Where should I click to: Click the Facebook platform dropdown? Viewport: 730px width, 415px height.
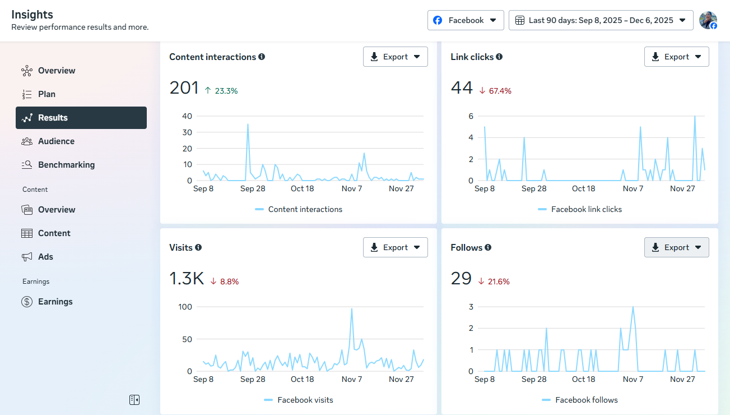click(x=466, y=20)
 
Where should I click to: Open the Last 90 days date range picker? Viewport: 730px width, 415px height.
click(x=601, y=20)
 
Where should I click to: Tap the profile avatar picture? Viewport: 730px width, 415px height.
click(x=708, y=20)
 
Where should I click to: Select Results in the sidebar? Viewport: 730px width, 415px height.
click(x=81, y=118)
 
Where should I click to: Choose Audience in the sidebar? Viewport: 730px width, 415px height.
click(x=56, y=141)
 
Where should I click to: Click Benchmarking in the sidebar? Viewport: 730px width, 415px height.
click(x=66, y=165)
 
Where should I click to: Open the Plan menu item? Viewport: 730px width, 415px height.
click(x=47, y=94)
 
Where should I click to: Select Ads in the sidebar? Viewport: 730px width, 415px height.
click(x=45, y=257)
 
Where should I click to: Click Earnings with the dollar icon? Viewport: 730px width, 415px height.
click(x=55, y=302)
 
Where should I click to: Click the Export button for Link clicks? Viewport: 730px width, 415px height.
click(x=676, y=57)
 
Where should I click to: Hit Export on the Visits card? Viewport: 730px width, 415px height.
click(x=395, y=247)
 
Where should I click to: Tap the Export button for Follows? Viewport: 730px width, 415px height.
click(x=676, y=247)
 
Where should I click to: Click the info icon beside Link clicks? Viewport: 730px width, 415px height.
click(x=499, y=57)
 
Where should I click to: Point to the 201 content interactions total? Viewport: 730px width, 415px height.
click(x=184, y=88)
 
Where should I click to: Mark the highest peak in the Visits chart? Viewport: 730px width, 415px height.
click(x=352, y=309)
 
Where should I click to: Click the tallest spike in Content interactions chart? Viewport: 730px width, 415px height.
click(x=248, y=125)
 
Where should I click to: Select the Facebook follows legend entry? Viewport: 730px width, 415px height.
click(x=586, y=400)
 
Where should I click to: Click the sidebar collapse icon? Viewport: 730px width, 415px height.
click(x=134, y=400)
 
